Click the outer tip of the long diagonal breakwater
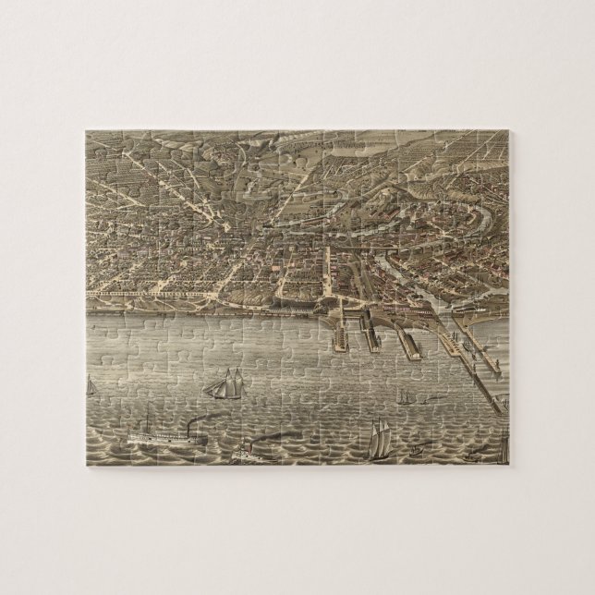[x=502, y=407]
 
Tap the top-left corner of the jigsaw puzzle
[x=86, y=131]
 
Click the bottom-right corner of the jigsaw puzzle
[x=509, y=464]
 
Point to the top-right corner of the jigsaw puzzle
[x=509, y=131]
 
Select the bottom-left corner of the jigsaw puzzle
[x=86, y=464]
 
